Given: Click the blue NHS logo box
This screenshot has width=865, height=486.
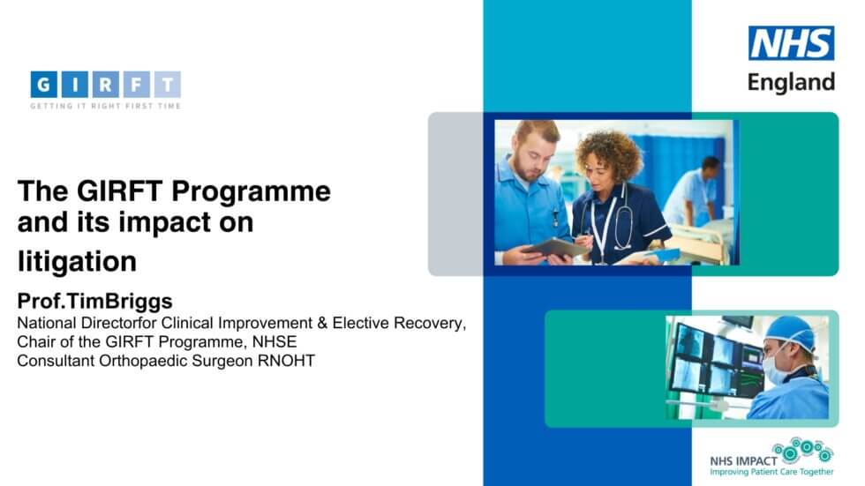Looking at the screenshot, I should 791,43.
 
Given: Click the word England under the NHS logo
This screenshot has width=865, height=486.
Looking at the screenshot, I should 791,82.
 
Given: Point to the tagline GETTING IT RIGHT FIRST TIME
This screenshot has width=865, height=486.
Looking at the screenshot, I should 105,107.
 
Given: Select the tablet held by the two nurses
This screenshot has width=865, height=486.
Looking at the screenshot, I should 560,248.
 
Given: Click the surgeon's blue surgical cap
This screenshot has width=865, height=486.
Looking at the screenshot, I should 789,333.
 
